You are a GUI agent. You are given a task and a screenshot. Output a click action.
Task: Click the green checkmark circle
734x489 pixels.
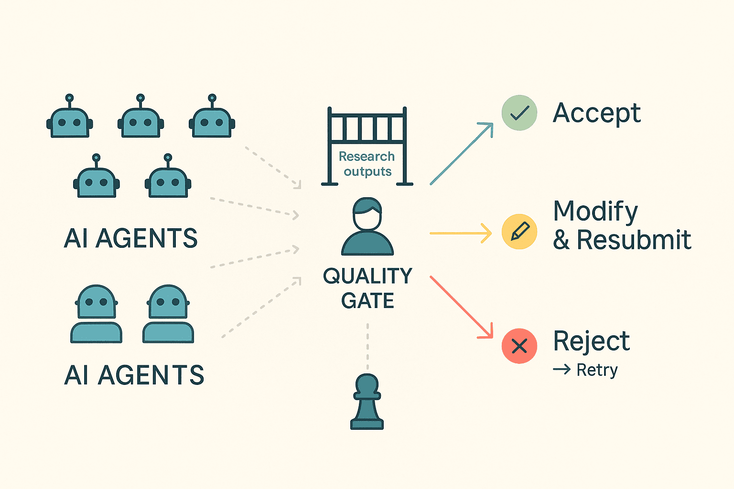(519, 113)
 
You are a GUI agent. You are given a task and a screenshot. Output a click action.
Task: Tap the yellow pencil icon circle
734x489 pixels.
(519, 232)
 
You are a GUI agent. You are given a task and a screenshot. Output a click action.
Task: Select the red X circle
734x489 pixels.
(519, 346)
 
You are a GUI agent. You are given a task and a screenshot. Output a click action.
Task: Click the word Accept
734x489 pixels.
(596, 114)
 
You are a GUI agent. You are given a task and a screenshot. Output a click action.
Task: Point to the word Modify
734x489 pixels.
(595, 211)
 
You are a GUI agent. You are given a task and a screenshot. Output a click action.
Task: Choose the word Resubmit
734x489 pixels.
(634, 240)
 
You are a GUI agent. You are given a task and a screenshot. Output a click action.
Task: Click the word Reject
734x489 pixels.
(591, 341)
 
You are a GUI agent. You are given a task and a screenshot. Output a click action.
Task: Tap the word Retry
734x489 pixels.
(597, 370)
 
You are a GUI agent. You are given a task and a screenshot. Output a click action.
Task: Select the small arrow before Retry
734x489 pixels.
(561, 369)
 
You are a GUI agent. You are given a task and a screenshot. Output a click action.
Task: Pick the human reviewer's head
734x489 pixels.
(367, 215)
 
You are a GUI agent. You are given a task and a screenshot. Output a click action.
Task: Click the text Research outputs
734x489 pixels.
(367, 164)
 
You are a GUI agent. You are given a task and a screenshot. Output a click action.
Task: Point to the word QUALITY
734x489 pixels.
(367, 276)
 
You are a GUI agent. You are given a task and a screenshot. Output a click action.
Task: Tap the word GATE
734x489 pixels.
(367, 301)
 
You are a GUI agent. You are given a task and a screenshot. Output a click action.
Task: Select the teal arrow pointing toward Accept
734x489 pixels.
(461, 154)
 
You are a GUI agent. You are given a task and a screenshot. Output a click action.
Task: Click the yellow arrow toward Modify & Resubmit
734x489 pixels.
(460, 233)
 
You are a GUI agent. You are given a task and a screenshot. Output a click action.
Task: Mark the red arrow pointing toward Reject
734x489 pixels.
(461, 307)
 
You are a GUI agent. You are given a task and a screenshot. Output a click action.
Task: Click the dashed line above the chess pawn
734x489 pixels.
(367, 347)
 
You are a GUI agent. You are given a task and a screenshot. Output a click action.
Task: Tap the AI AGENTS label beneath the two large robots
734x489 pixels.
(134, 375)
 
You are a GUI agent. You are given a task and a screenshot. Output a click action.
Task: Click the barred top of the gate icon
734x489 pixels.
(367, 127)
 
